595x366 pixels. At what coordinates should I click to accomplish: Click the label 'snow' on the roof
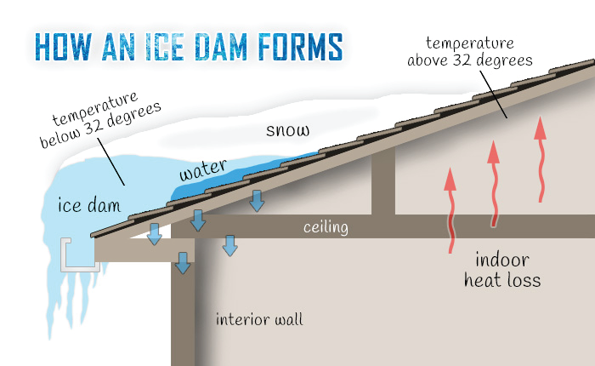(287, 130)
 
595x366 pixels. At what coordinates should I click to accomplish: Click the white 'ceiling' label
(326, 227)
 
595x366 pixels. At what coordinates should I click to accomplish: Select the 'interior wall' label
(259, 320)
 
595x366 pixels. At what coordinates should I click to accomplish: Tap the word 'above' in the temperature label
(430, 60)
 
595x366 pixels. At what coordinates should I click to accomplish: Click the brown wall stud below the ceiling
(183, 315)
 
